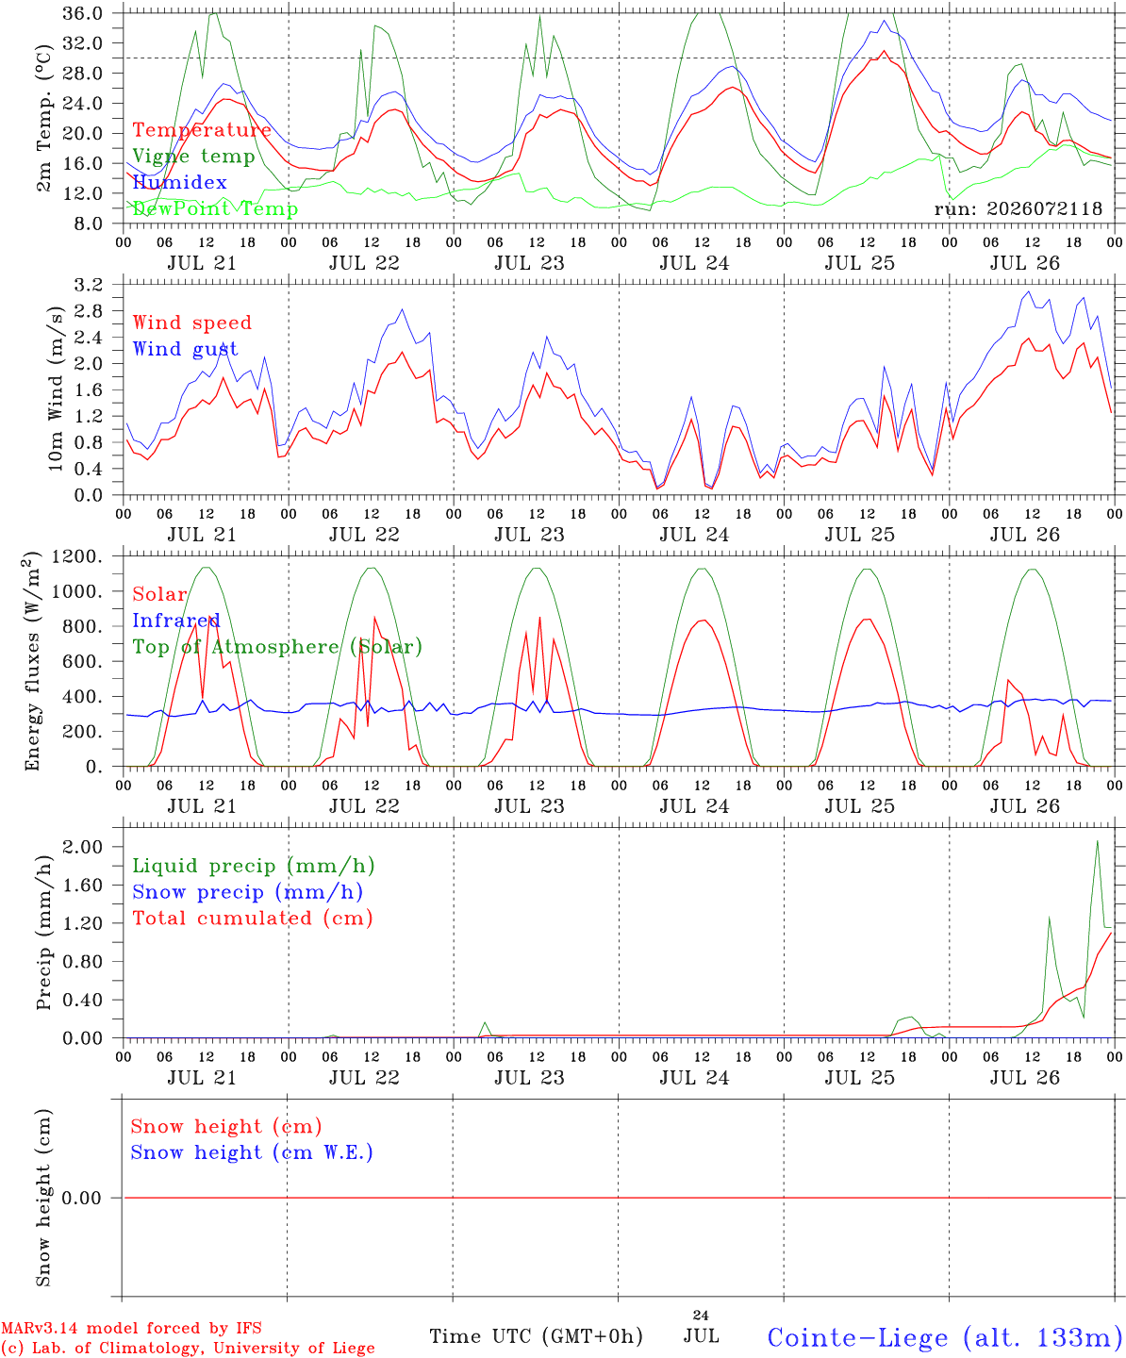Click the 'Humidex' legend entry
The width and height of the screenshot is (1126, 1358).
click(x=179, y=182)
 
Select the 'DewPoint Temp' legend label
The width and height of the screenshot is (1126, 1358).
click(x=215, y=208)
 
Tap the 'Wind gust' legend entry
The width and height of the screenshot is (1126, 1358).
click(x=186, y=349)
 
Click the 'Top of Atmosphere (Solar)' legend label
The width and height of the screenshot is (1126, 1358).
click(x=278, y=647)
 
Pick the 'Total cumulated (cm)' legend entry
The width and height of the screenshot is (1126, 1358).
click(x=253, y=918)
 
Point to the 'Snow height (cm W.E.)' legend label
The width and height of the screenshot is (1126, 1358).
click(x=252, y=1151)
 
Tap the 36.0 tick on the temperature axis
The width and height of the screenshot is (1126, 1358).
click(x=83, y=13)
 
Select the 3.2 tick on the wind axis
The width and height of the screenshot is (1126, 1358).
click(x=88, y=285)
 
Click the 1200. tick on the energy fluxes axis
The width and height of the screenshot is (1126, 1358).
click(x=77, y=556)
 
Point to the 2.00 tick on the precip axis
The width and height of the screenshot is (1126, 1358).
click(x=83, y=847)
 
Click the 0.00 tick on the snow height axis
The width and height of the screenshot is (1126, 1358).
click(x=81, y=1198)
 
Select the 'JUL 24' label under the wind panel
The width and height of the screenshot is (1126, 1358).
click(x=695, y=535)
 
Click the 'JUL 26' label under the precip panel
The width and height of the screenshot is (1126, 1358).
click(x=1025, y=1077)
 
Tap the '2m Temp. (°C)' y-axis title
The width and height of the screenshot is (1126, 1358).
click(x=43, y=118)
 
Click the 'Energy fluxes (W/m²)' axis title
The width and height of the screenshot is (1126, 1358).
click(x=32, y=661)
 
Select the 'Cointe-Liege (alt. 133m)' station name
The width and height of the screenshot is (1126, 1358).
click(x=946, y=1337)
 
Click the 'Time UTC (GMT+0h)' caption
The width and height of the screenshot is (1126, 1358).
click(x=537, y=1336)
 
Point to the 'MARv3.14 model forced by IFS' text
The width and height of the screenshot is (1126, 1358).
click(x=131, y=1328)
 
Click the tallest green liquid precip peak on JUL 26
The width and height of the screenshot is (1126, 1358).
click(x=1098, y=841)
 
